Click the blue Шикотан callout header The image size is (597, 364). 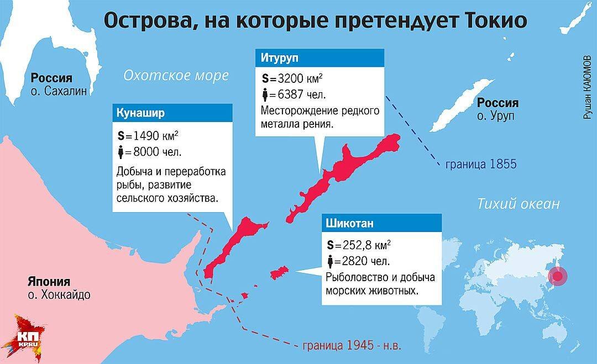pyautogui.click(x=381, y=223)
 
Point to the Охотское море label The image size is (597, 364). pyautogui.click(x=176, y=76)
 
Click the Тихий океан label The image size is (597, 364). pyautogui.click(x=518, y=204)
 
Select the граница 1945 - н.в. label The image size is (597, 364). pyautogui.click(x=352, y=346)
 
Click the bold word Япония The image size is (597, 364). pyautogui.click(x=50, y=281)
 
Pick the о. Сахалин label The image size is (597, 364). pyautogui.click(x=59, y=92)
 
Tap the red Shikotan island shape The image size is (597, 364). pyautogui.click(x=279, y=273)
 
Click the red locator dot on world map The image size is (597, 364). pyautogui.click(x=558, y=276)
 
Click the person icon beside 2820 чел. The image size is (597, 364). pyautogui.click(x=330, y=261)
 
